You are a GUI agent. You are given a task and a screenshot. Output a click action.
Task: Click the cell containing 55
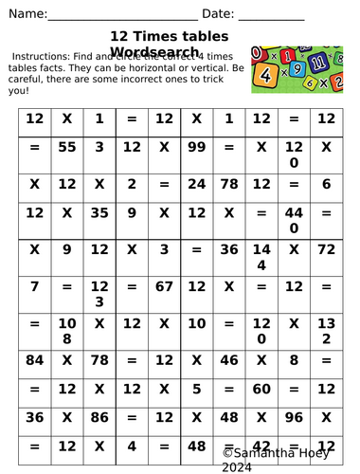pyautogui.click(x=67, y=148)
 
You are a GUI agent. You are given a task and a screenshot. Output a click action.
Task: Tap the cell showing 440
pyautogui.click(x=293, y=221)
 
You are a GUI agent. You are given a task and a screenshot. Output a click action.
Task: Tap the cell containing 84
pyautogui.click(x=35, y=359)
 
